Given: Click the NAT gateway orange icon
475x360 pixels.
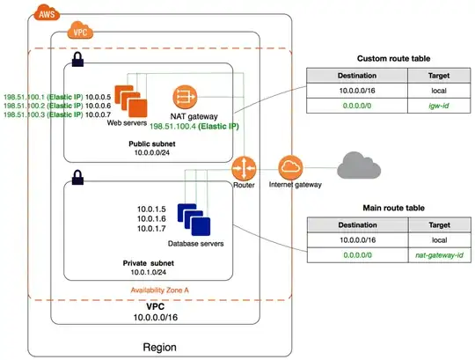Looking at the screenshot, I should [x=185, y=97].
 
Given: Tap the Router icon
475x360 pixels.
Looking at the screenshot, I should [x=243, y=168].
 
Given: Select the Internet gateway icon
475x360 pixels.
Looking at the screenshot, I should [x=289, y=167].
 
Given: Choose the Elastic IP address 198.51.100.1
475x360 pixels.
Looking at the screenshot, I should [x=20, y=96].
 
